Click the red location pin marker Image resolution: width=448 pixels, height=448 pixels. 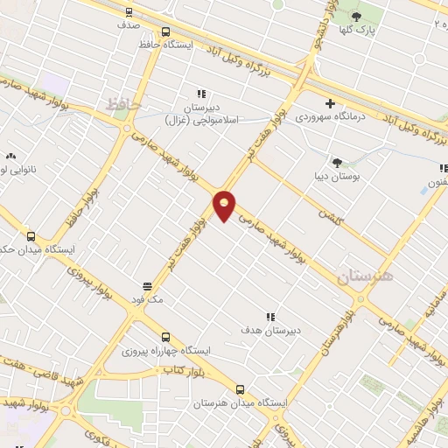(x=225, y=206)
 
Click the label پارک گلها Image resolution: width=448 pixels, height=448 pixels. (x=357, y=29)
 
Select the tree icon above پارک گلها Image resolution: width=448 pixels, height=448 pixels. (x=356, y=16)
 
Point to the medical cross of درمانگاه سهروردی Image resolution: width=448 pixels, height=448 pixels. (x=329, y=103)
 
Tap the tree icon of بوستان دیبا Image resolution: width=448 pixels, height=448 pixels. (x=337, y=162)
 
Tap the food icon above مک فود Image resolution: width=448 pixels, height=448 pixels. (x=147, y=286)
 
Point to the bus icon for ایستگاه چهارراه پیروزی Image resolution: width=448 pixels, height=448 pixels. (x=165, y=336)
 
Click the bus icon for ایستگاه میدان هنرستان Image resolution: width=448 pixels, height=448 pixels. (x=240, y=390)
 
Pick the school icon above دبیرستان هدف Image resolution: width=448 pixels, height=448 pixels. (x=270, y=317)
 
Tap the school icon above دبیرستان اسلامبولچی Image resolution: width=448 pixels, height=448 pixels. (x=201, y=94)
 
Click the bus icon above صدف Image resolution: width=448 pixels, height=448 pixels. (x=129, y=12)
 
